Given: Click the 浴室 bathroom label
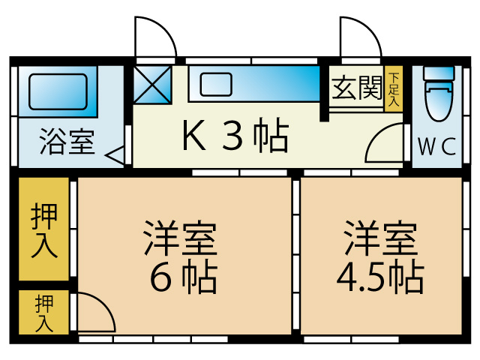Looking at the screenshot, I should coord(67,141).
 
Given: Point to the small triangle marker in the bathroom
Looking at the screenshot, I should coord(115,156).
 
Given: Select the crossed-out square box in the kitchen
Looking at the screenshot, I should coord(153,85).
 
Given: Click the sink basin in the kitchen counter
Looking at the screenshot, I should coord(217,84).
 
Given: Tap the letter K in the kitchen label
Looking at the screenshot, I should coord(193,136).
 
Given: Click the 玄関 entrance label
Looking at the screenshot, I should coord(356,88).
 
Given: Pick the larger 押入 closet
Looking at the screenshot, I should coord(43,229).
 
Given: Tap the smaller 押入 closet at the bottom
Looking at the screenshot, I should coord(43,312).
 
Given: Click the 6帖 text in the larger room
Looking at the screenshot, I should coord(183,279).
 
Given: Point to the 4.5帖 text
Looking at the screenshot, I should coord(379,279).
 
